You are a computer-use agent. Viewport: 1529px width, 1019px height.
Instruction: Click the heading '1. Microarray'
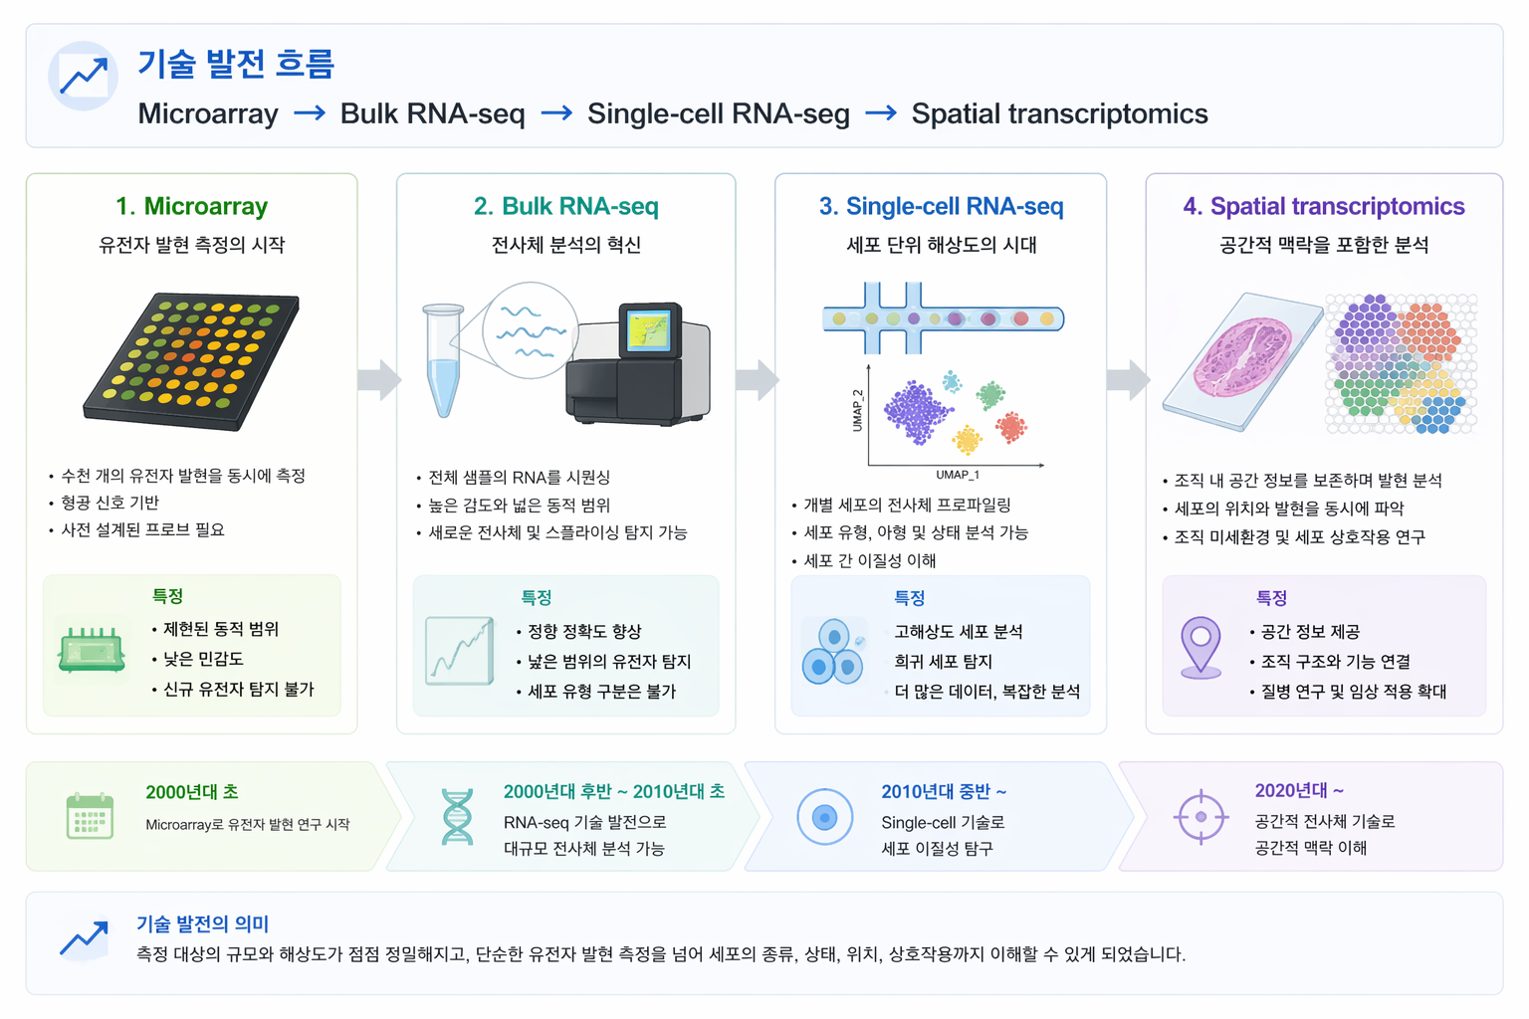[x=191, y=206]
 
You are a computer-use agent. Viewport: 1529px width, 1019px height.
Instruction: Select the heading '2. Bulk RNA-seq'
[x=565, y=206]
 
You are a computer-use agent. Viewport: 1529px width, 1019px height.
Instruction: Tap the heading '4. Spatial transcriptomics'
[x=1323, y=206]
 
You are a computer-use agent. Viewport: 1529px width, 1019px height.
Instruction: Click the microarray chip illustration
[x=192, y=360]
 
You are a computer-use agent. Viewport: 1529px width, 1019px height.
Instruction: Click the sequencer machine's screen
[x=648, y=330]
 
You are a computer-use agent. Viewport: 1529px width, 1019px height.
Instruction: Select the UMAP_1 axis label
[x=957, y=475]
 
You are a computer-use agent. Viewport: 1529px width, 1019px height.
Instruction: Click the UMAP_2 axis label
[x=858, y=410]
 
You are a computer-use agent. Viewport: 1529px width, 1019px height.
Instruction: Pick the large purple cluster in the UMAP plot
[x=916, y=411]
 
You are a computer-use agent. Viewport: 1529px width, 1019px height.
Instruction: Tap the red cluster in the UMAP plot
[x=1011, y=427]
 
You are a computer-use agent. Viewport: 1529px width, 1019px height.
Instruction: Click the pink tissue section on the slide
[x=1242, y=357]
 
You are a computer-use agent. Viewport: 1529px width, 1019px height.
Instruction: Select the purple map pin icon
[x=1201, y=646]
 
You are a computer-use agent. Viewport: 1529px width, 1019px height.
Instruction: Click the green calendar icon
[x=90, y=816]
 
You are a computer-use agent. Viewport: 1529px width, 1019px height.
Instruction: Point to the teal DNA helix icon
[x=457, y=817]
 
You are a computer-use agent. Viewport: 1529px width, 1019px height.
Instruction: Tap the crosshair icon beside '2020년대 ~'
[x=1201, y=816]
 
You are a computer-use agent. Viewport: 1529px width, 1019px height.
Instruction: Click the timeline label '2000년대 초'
[x=191, y=792]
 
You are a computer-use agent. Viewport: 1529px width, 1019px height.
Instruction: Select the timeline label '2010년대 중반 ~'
[x=943, y=792]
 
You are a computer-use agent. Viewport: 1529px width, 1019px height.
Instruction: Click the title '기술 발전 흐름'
[x=236, y=64]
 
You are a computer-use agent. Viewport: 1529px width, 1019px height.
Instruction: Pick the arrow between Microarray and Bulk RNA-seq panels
[x=378, y=379]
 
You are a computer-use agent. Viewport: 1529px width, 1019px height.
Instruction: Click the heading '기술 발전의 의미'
[x=202, y=923]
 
